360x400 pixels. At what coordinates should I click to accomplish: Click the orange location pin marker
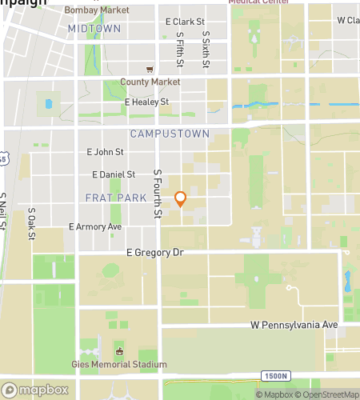(181, 199)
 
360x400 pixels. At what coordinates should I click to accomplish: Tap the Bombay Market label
(97, 10)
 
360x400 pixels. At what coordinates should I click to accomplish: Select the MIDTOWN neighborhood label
(94, 28)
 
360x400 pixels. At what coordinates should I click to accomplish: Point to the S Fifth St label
(181, 50)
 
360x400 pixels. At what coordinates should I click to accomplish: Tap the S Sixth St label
(206, 50)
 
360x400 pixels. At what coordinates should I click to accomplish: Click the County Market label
(150, 82)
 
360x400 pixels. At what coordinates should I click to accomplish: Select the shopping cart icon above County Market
(150, 69)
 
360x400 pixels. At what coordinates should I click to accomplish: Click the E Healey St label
(146, 102)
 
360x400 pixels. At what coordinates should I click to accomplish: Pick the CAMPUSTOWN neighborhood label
(170, 134)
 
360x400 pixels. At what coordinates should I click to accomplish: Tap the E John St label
(105, 151)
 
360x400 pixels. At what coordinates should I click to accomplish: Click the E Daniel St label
(114, 174)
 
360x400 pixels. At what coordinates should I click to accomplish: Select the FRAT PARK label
(115, 197)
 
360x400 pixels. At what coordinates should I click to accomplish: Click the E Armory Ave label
(95, 226)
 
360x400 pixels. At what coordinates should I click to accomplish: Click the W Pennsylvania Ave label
(294, 325)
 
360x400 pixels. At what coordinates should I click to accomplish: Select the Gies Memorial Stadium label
(121, 365)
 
